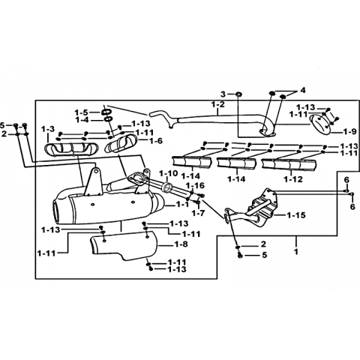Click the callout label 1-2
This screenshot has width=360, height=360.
(218, 104)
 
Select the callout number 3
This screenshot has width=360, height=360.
(223, 94)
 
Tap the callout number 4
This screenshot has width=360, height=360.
(303, 90)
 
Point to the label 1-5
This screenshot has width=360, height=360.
(82, 112)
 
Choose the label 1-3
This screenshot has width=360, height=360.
(48, 129)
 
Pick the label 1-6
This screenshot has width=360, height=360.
(156, 141)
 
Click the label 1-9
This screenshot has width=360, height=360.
(349, 131)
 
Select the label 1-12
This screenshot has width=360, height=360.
(293, 179)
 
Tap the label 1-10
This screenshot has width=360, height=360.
(168, 173)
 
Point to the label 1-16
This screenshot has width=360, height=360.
(195, 185)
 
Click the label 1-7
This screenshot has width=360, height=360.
(198, 213)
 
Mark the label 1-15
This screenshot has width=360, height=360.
(296, 214)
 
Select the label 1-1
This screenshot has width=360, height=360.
(182, 205)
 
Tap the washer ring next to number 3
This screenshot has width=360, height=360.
(238, 94)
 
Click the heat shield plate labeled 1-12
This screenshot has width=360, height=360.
(289, 165)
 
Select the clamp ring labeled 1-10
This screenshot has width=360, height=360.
(167, 187)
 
